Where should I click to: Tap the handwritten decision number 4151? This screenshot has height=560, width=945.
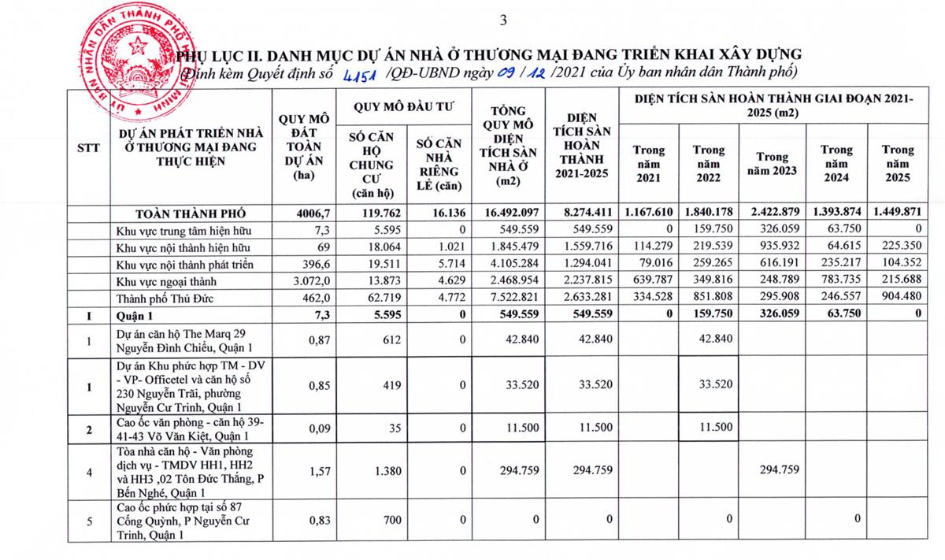click(361, 74)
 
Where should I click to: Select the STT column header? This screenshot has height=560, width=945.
click(87, 149)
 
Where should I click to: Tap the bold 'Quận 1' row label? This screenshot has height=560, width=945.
click(135, 313)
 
